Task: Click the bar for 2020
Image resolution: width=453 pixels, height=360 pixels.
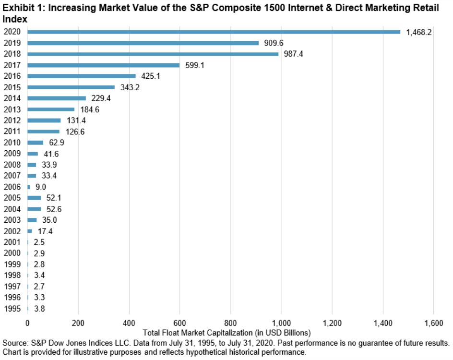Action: (x=214, y=32)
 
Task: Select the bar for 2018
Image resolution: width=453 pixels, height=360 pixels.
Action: (x=153, y=54)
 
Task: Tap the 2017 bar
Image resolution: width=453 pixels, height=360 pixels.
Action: (x=103, y=65)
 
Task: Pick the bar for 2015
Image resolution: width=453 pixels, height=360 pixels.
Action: (x=71, y=87)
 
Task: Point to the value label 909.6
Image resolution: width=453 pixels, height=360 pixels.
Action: (x=274, y=43)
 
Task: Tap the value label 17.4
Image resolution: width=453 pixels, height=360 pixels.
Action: (x=45, y=231)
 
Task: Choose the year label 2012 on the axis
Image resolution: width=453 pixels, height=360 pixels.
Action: (x=12, y=120)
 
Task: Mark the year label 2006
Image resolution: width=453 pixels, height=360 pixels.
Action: (x=12, y=187)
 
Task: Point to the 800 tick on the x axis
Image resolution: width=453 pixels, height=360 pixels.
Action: (x=230, y=323)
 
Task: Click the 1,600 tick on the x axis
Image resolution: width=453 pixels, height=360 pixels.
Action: (x=433, y=323)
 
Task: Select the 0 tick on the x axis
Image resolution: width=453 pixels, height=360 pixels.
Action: (x=27, y=323)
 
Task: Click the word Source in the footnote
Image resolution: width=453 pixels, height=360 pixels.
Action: (x=15, y=343)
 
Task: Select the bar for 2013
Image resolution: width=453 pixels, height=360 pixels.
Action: (x=51, y=109)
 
